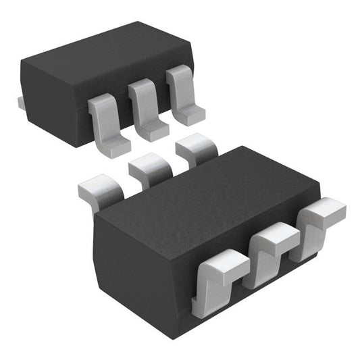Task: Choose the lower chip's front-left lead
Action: point(216,277)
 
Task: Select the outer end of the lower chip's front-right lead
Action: point(331,211)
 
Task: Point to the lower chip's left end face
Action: point(105,250)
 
